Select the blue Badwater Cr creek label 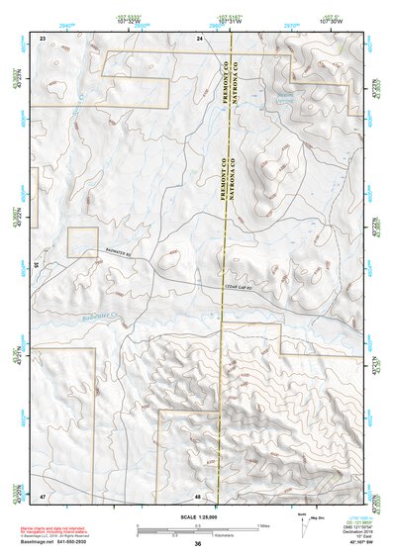(100, 319)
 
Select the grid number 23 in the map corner (44, 37)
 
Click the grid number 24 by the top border (199, 37)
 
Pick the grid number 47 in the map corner (44, 496)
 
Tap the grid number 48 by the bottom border (199, 496)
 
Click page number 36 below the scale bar (198, 544)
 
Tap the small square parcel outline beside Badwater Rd (82, 242)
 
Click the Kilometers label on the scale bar (198, 535)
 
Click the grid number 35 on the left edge (37, 265)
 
